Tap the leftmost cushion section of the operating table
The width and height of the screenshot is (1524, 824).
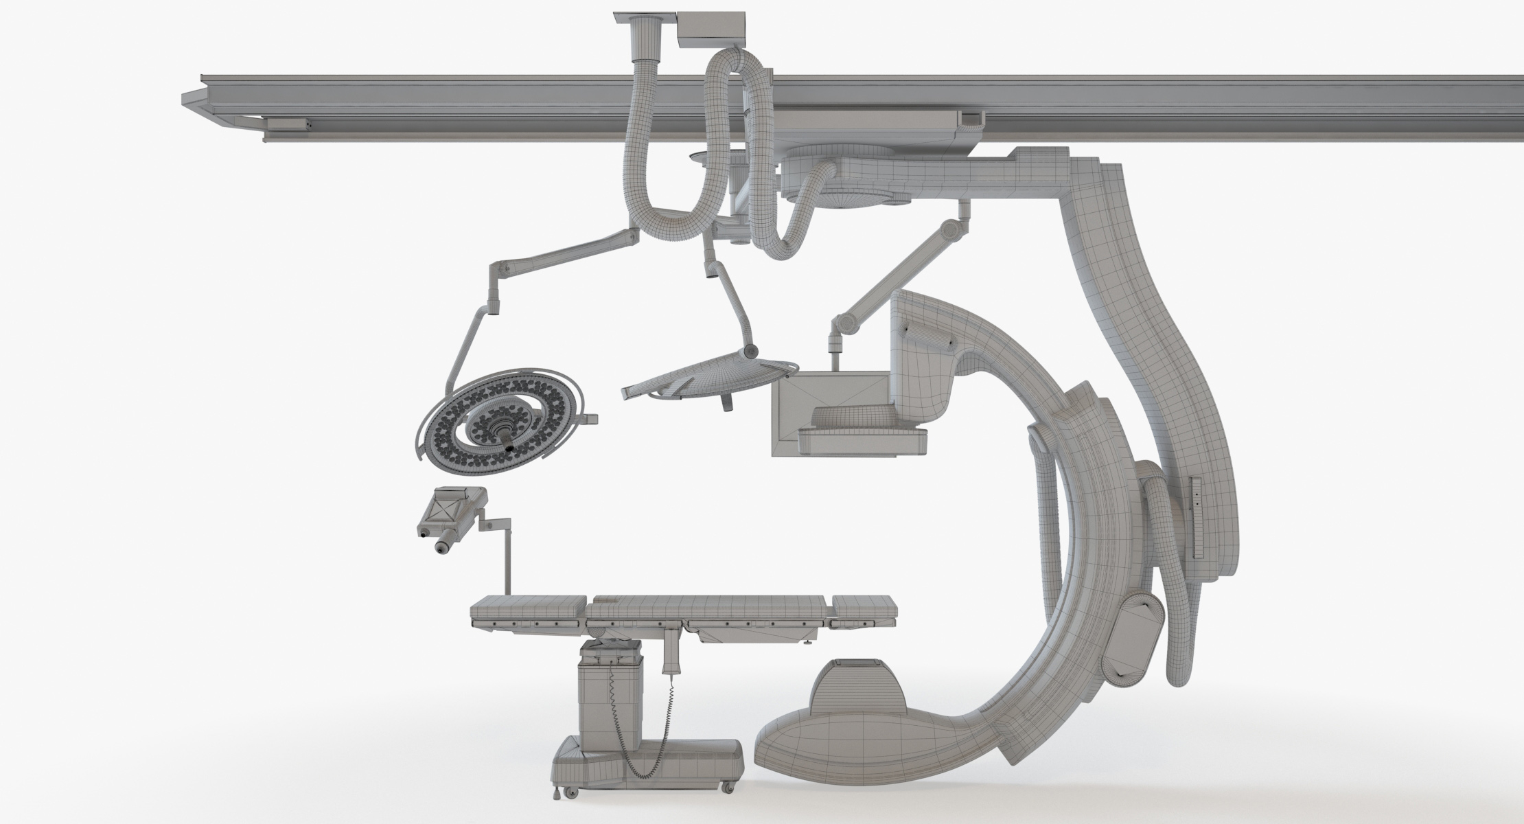pyautogui.click(x=527, y=608)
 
